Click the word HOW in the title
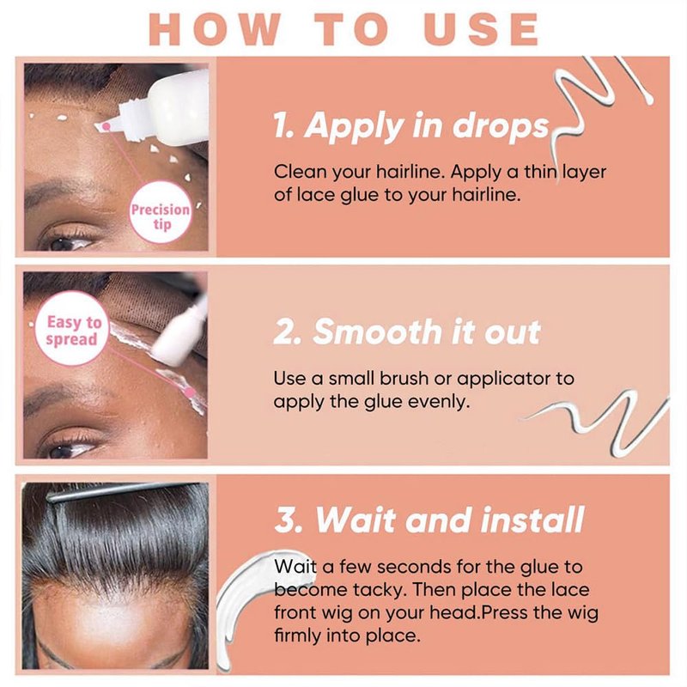[215, 29]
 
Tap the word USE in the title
[481, 29]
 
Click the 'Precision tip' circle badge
[161, 212]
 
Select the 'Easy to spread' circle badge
[72, 329]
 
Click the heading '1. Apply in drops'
[411, 125]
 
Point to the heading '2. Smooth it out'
[407, 331]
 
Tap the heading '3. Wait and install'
[429, 520]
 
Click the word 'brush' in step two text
[404, 378]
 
